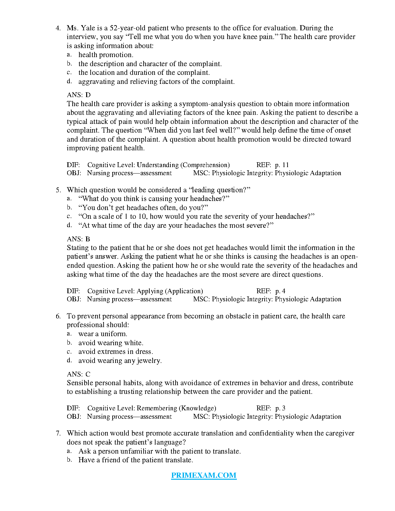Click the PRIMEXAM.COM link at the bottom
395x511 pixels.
(204, 475)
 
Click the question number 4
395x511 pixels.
(58, 28)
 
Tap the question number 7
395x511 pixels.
(58, 433)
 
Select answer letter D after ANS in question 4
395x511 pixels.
(88, 95)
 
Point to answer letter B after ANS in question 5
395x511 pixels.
(88, 239)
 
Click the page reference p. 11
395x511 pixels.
(282, 165)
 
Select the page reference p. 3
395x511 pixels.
(280, 408)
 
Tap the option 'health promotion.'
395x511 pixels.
(106, 55)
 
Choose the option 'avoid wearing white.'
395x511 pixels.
(111, 343)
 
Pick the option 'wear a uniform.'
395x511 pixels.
(103, 334)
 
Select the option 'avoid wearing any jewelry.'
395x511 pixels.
(120, 361)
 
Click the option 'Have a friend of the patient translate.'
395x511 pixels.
(136, 460)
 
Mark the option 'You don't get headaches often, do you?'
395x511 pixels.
(143, 208)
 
